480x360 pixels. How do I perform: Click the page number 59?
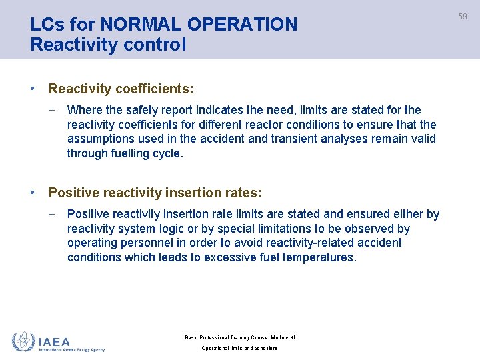click(462, 16)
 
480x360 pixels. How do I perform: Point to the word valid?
click(422, 139)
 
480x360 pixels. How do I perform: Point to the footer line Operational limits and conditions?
click(239, 348)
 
